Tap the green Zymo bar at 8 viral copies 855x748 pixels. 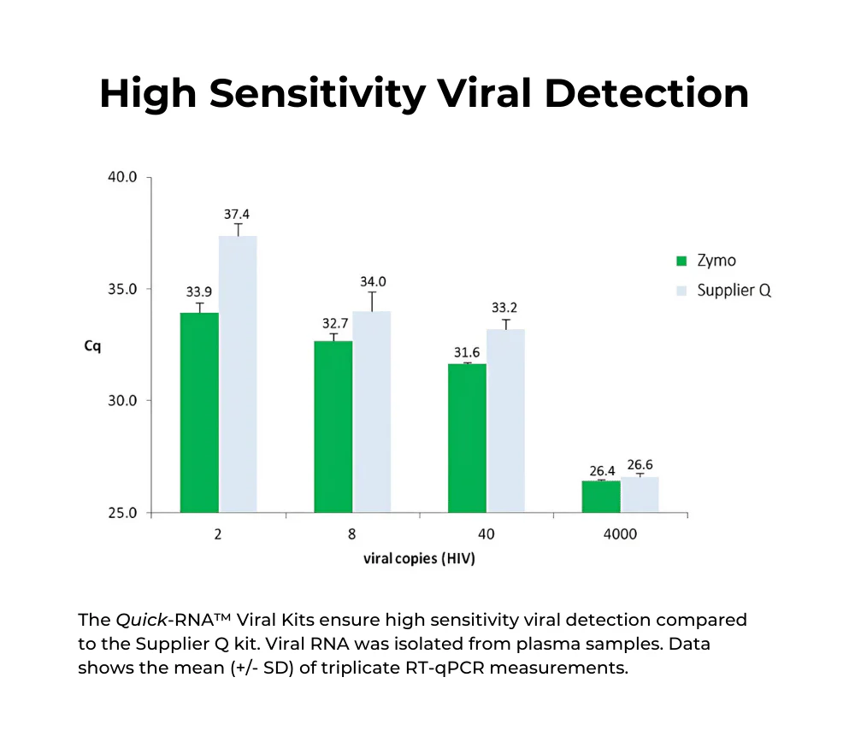click(333, 427)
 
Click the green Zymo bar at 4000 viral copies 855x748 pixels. click(601, 497)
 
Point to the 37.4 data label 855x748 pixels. click(237, 215)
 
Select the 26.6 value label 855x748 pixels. click(640, 465)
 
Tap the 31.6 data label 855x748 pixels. click(468, 353)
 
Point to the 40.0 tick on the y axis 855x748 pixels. click(121, 178)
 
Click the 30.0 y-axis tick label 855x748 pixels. click(121, 401)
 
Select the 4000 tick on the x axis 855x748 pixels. click(620, 535)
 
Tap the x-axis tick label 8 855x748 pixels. click(352, 535)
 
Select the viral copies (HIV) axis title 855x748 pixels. click(419, 559)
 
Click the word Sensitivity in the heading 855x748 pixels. click(317, 93)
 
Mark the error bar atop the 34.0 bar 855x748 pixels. click(372, 301)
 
